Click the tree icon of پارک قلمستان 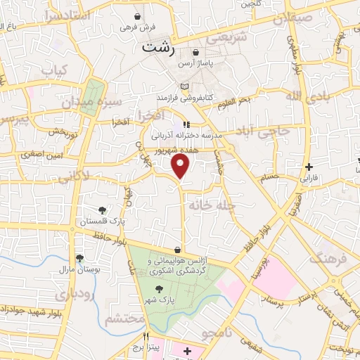[x=103, y=210]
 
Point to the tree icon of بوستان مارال [x=79, y=258]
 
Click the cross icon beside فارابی [x=309, y=167]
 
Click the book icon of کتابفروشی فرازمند [x=184, y=86]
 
